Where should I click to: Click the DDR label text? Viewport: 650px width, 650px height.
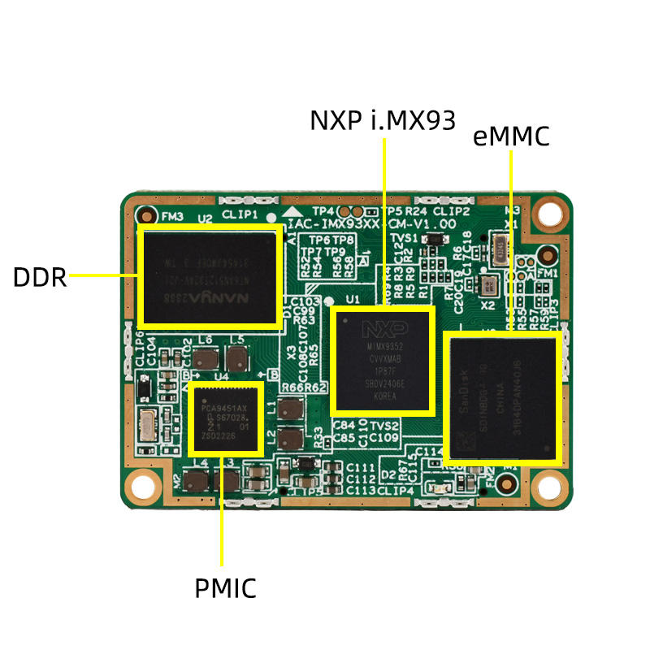[x=39, y=277]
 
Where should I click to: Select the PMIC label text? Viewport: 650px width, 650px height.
[x=225, y=587]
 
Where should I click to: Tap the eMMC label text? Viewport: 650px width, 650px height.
[x=511, y=136]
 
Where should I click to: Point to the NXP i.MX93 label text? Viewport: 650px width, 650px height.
[x=383, y=119]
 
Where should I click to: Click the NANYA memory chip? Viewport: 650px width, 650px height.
[x=210, y=277]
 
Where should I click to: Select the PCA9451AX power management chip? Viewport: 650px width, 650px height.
[x=226, y=419]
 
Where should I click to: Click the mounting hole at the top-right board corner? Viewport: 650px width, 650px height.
[x=552, y=213]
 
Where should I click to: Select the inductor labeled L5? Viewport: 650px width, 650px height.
[x=237, y=358]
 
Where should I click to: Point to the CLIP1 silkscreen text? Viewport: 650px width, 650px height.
[x=240, y=215]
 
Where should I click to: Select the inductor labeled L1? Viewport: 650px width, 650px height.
[x=289, y=409]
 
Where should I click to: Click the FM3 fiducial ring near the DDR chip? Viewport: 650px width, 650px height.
[x=146, y=216]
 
